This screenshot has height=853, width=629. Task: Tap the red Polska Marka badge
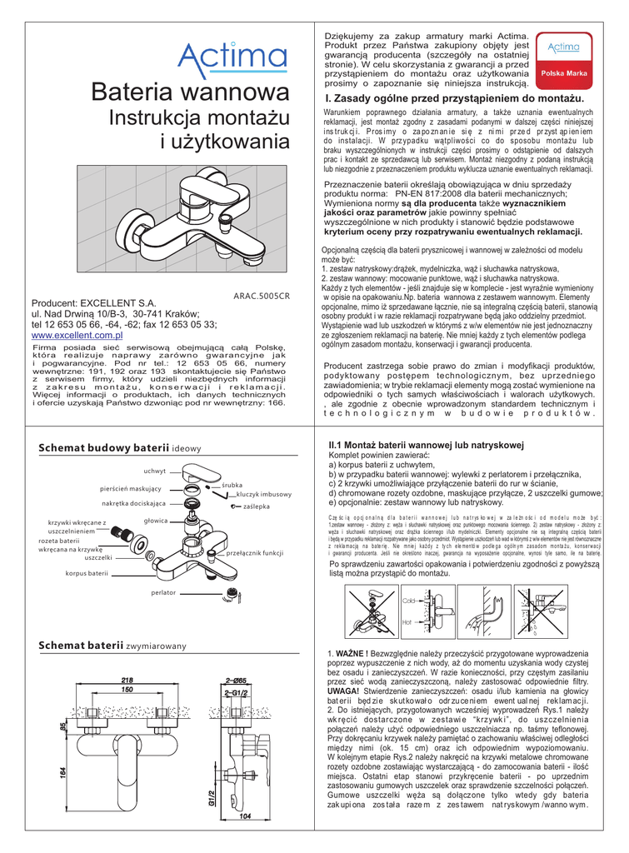pos(564,74)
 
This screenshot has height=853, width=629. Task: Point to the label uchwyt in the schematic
pos(154,471)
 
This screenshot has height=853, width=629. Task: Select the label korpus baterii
pos(87,574)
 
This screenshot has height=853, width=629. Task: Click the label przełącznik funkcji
pos(250,553)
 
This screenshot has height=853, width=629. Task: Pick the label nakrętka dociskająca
pos(134,504)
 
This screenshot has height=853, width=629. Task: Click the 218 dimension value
pos(127,680)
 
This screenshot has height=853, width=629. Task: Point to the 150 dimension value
pos(127,690)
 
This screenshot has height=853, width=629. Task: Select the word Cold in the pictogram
pos(408,600)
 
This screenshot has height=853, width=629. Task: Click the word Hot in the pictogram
pos(407,621)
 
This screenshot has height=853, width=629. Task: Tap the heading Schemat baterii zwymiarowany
pos(112,646)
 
